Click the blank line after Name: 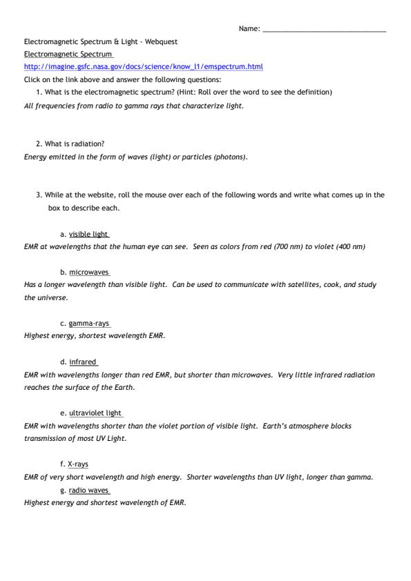[324, 30]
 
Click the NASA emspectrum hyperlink [143, 67]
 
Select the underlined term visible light [88, 234]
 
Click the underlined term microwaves [88, 273]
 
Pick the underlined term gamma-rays [88, 324]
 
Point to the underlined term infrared [83, 362]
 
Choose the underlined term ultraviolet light [95, 413]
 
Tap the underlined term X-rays [78, 464]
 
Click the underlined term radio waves [88, 490]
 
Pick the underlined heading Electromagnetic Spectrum [68, 54]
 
